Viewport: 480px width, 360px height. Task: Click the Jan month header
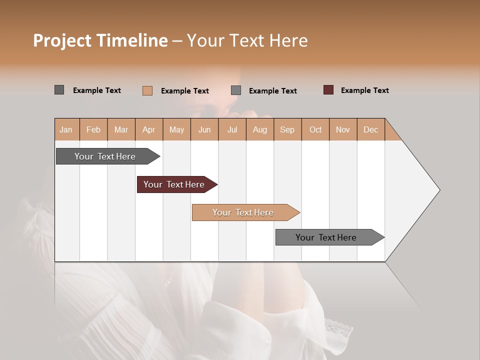pos(66,129)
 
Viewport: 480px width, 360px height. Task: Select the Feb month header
pos(93,129)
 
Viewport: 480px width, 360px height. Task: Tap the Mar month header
pos(121,129)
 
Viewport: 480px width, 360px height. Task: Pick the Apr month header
pos(149,129)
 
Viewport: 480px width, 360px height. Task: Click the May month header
pos(176,129)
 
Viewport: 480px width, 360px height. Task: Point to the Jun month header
pos(204,129)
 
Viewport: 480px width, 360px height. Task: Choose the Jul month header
pos(232,129)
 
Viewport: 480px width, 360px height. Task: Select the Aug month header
pos(260,129)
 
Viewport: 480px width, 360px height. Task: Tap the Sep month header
pos(287,129)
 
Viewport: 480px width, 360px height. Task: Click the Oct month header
pos(315,129)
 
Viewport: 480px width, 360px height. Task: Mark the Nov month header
pos(343,129)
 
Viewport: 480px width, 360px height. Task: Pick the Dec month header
pos(370,129)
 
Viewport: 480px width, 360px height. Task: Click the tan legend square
pos(147,90)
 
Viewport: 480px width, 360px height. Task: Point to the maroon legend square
pos(328,90)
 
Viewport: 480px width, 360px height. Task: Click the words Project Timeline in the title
pos(100,40)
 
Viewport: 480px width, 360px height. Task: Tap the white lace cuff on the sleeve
pos(338,330)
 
